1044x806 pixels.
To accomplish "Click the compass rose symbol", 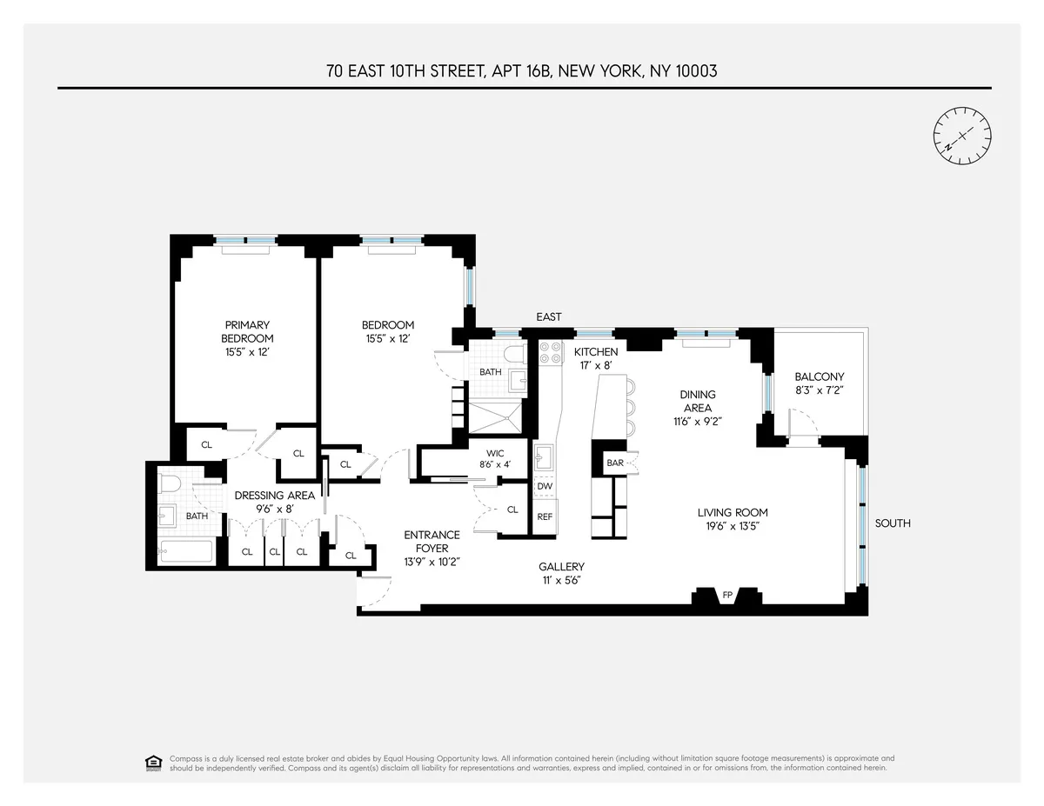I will point(962,135).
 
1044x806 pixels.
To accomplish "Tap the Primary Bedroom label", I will point(247,331).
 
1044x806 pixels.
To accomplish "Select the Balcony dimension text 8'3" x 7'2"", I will point(820,390).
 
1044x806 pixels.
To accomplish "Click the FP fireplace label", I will point(727,596).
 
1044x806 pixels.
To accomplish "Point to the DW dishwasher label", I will point(545,486).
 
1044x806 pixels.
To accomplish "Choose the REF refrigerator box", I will point(545,516).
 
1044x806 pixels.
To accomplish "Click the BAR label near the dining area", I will point(615,463).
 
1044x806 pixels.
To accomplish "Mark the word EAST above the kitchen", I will point(549,317).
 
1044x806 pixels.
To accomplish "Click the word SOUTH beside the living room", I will point(893,523).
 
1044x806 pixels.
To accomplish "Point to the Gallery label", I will point(561,567).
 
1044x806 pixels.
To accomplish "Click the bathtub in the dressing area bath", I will point(186,551).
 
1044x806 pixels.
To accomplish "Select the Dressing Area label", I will point(275,496).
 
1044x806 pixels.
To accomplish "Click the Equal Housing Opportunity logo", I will point(153,763).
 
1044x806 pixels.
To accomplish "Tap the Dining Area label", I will point(698,401).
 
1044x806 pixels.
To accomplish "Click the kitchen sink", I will point(545,456).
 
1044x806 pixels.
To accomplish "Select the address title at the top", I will point(522,71).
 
